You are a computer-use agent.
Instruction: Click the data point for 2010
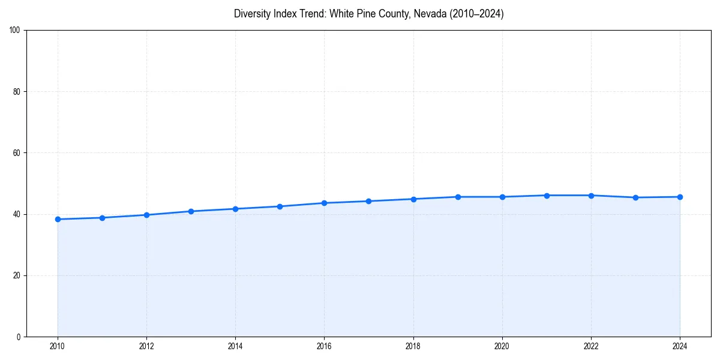58,219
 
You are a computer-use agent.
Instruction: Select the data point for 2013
191,211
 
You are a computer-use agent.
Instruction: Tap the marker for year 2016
324,203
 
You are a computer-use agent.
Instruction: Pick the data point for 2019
458,197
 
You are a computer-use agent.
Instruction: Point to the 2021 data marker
547,196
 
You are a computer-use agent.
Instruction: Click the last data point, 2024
680,197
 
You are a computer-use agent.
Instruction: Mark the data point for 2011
102,218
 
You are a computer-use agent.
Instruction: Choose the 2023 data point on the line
635,197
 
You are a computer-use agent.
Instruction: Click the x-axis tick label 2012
146,346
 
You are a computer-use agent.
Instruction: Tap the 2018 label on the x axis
413,346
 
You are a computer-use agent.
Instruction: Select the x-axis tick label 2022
591,346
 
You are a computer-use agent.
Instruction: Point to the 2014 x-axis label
235,346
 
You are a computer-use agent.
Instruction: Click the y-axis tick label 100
15,31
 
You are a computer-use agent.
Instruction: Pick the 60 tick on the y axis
17,153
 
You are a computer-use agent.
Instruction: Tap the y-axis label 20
17,275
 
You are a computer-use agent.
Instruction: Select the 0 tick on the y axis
19,337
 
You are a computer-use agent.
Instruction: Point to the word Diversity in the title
252,14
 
